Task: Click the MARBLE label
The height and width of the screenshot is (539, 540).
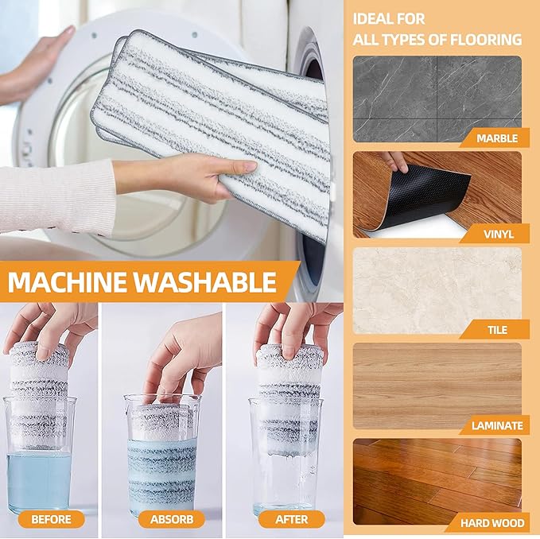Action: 497,138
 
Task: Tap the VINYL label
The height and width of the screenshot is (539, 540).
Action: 498,234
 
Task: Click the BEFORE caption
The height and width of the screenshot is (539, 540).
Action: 52,519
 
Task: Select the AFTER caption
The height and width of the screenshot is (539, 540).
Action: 291,519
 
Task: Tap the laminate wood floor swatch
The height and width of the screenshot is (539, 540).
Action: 437,382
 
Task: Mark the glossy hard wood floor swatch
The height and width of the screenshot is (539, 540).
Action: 437,477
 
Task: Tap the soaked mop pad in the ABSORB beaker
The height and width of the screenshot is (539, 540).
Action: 162,469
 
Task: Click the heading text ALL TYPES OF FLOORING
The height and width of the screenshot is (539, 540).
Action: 437,39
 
